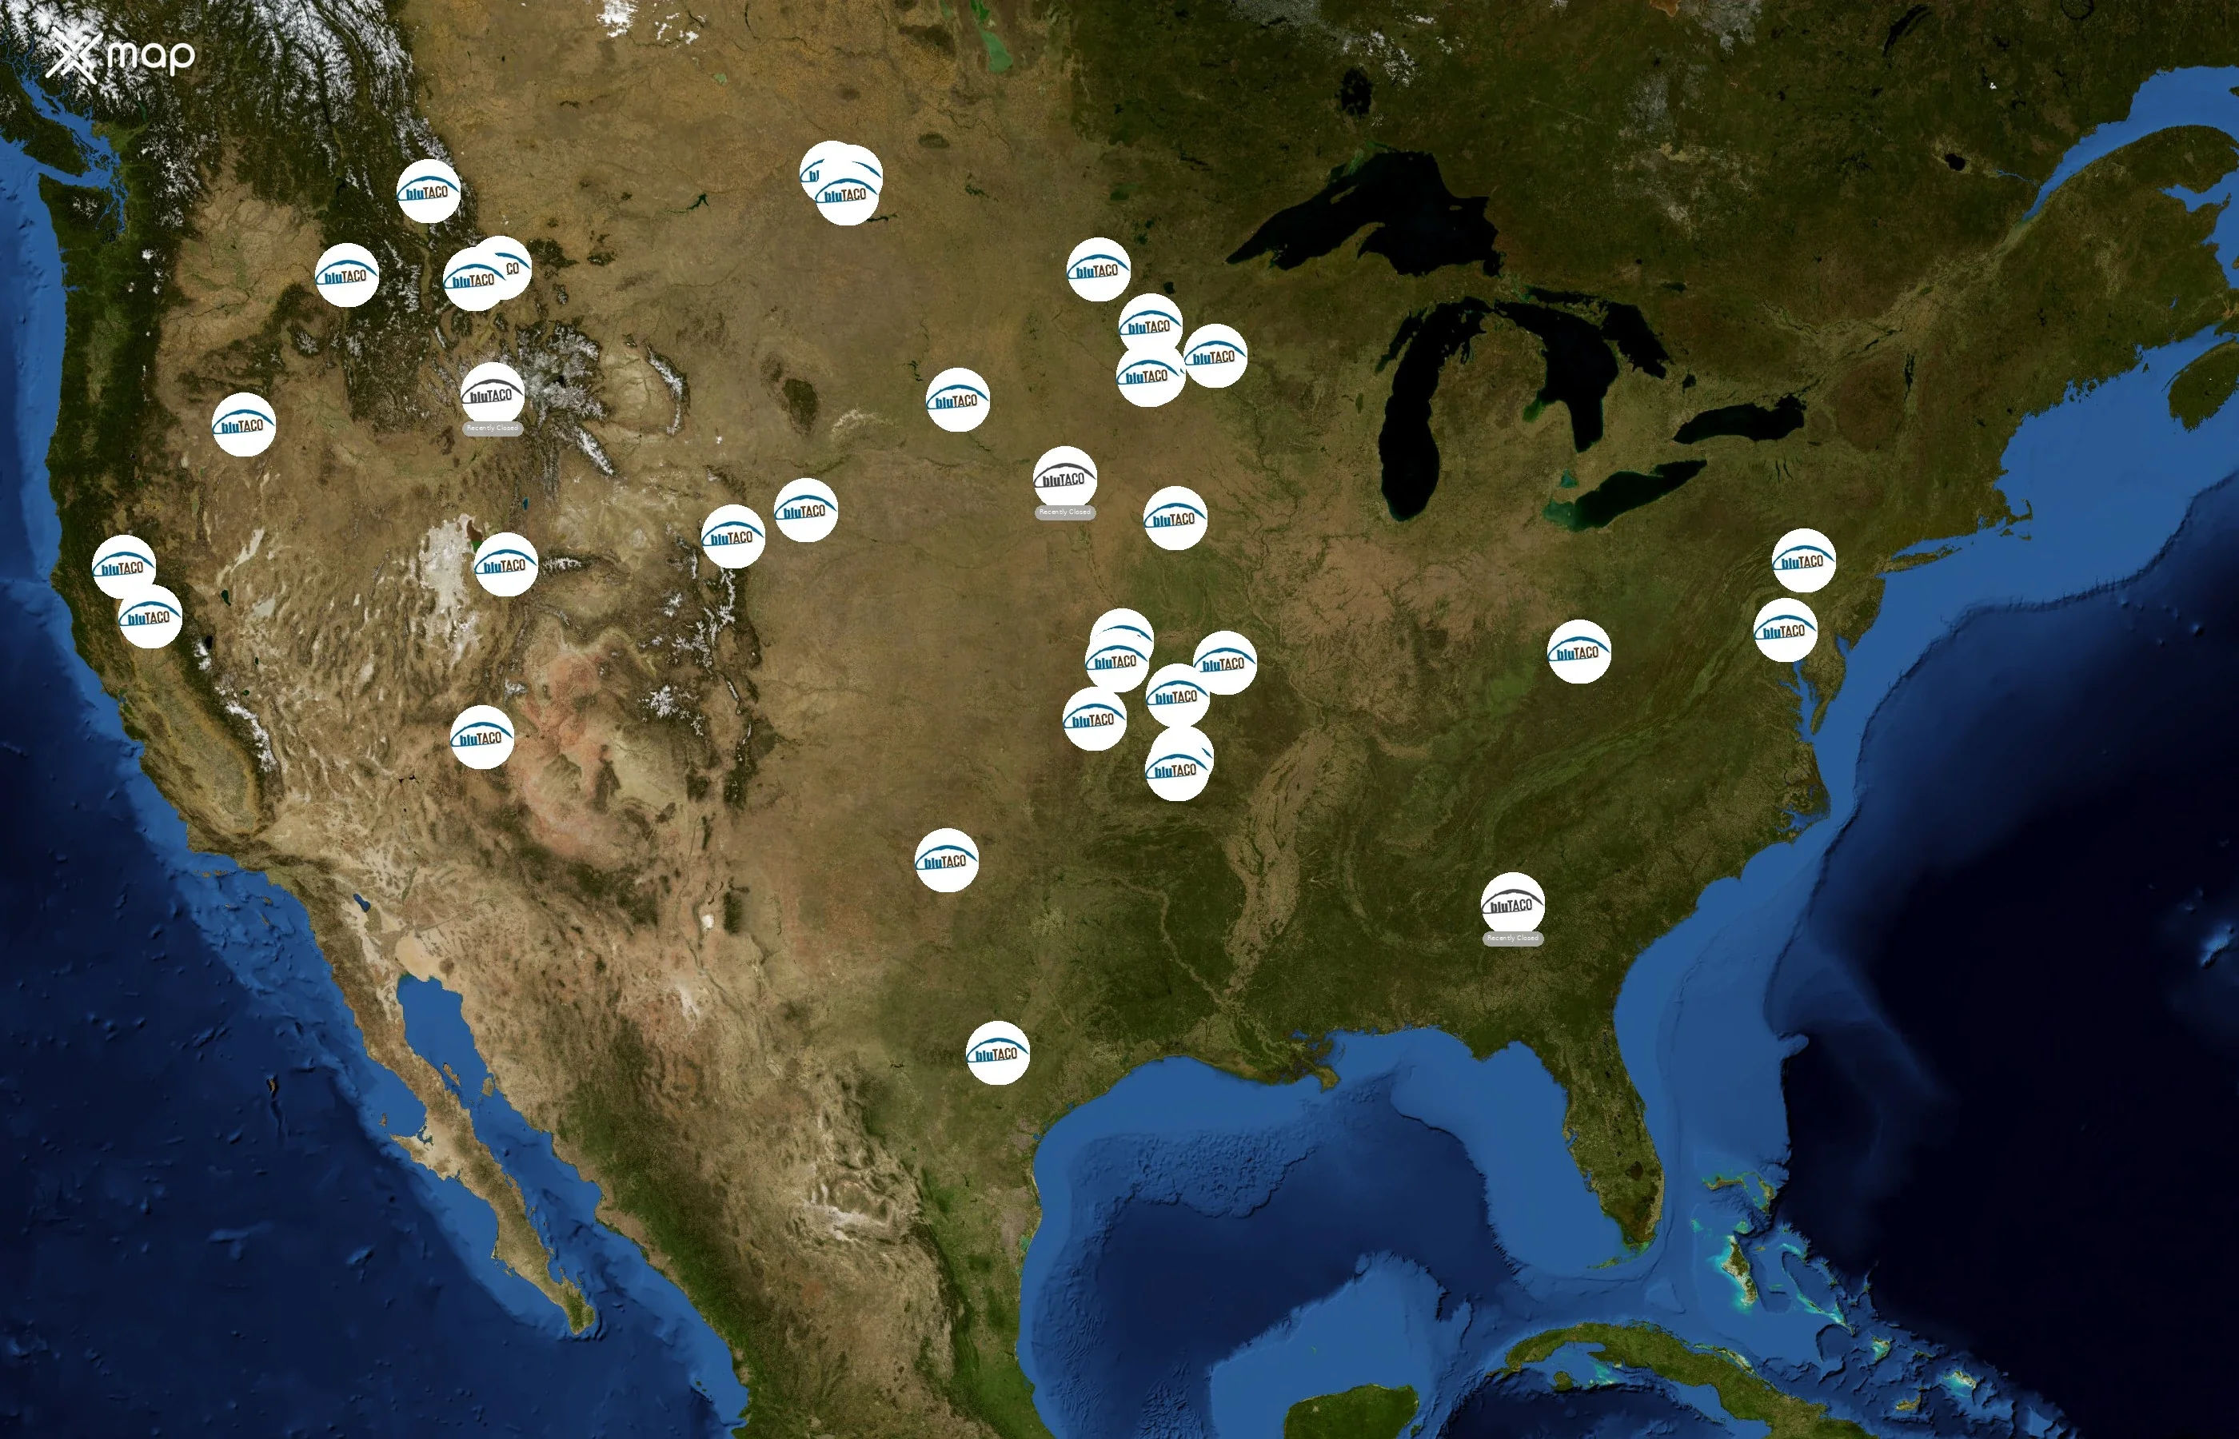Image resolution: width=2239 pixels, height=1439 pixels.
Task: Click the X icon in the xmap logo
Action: tap(73, 56)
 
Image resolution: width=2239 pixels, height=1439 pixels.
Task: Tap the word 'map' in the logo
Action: tap(150, 56)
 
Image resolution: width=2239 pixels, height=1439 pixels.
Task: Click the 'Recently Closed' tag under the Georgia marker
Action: tap(1512, 939)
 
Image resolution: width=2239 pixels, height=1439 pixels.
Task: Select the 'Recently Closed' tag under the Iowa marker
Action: tap(1064, 512)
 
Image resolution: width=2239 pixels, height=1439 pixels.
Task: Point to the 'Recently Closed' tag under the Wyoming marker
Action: tap(492, 428)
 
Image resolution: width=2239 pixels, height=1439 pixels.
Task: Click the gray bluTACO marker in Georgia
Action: tap(1512, 903)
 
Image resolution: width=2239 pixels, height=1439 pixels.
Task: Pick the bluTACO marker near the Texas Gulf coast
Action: tap(997, 1052)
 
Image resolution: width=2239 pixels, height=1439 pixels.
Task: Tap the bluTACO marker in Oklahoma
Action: tap(946, 859)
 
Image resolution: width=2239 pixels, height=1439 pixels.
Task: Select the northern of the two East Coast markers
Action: tap(1802, 560)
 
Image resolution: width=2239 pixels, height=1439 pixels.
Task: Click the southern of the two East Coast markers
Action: tap(1785, 630)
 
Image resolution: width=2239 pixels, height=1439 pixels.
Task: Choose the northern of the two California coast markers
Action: tap(123, 566)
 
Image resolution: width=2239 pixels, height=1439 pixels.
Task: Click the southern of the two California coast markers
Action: tap(150, 616)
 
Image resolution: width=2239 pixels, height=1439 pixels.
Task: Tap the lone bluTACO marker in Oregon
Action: tap(243, 425)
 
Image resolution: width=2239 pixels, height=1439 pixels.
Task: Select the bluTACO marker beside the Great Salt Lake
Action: tap(505, 564)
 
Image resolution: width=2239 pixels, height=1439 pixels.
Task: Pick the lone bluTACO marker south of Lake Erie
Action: tap(1578, 652)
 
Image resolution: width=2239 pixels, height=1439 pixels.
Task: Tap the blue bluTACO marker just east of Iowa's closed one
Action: tap(1175, 518)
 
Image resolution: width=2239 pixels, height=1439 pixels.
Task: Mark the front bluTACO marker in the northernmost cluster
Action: tap(846, 194)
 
